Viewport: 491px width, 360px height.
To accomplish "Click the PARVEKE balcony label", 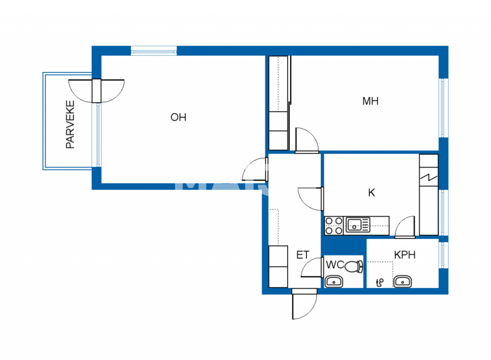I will click(70, 125).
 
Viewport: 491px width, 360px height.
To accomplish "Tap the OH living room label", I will click(178, 117).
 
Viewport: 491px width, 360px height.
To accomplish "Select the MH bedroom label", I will click(370, 101).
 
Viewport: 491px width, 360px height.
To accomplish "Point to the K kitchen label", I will click(371, 193).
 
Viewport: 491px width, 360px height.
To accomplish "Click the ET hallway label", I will click(303, 255).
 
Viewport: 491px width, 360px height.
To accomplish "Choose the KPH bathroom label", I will click(405, 255).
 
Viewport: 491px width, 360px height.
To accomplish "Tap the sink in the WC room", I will click(334, 282).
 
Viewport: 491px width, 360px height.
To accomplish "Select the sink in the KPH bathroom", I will click(402, 281).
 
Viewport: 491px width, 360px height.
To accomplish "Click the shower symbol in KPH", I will click(380, 283).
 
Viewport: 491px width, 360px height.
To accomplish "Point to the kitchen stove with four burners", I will click(334, 226).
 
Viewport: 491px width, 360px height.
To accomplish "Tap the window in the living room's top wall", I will click(154, 51).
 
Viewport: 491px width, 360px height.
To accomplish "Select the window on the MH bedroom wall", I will click(443, 108).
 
